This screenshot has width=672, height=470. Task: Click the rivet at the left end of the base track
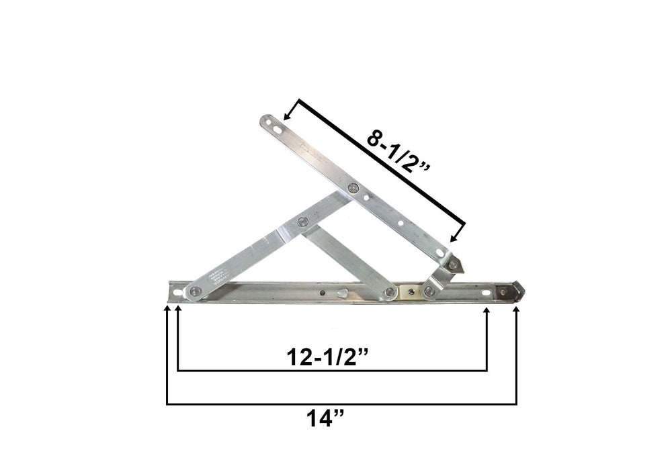[194, 291]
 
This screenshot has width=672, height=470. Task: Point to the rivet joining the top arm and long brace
[353, 188]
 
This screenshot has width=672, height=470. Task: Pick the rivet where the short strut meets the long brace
[302, 221]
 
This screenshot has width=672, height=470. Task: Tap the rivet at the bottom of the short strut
[390, 291]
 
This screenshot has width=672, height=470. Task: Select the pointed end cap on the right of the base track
[515, 291]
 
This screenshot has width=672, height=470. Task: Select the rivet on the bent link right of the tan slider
[429, 291]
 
